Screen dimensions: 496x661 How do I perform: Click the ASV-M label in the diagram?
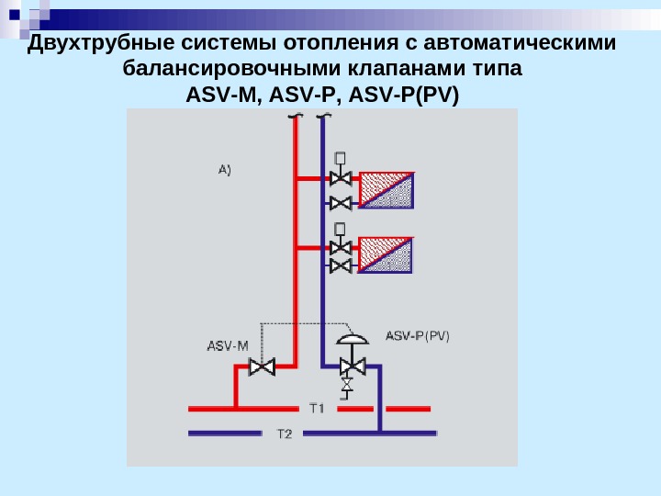(228, 346)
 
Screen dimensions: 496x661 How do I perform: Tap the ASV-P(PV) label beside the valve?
(418, 336)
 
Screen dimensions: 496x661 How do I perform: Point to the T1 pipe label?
(317, 408)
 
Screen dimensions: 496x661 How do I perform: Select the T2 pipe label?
(285, 434)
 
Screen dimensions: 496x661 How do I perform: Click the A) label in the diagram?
(225, 169)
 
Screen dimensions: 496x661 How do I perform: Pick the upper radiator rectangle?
(387, 189)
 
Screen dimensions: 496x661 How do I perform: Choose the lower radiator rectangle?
(387, 254)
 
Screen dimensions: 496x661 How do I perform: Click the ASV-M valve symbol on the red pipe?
(263, 367)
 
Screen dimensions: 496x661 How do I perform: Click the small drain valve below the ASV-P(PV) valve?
(347, 384)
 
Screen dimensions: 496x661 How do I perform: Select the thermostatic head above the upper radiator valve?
(341, 157)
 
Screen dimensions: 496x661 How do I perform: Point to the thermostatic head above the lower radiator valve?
(341, 227)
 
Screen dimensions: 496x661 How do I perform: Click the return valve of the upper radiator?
(341, 202)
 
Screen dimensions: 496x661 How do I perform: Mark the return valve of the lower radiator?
(341, 266)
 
